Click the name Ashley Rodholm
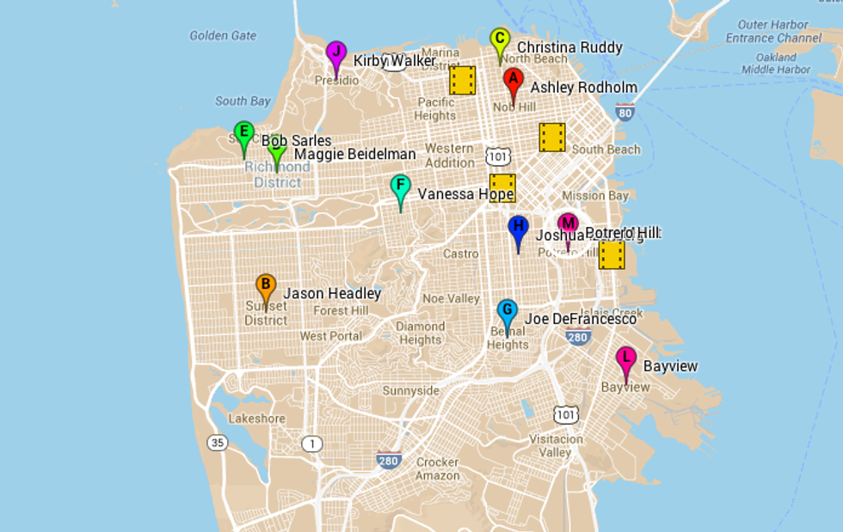coord(583,88)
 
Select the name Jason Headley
coord(332,293)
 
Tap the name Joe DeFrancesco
coord(581,319)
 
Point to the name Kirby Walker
coord(395,61)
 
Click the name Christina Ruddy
coord(569,47)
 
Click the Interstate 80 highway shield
coord(625,112)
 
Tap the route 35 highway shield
coord(217,443)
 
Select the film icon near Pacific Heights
coord(463,80)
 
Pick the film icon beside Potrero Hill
coord(612,254)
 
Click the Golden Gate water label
coord(223,35)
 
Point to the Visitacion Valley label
coord(556,445)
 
